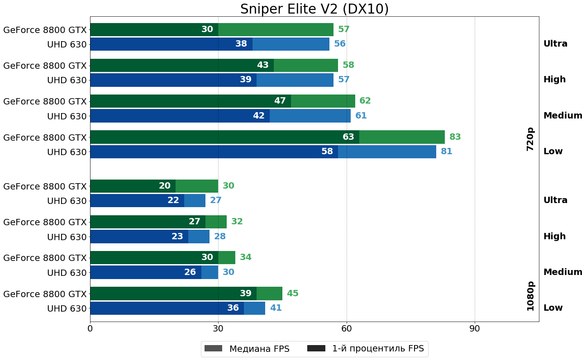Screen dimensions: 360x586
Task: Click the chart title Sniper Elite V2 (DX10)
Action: coord(314,9)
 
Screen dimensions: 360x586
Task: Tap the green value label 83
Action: coord(455,137)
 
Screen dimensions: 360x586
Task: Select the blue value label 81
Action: coord(447,152)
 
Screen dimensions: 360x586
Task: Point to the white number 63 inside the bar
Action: coord(348,137)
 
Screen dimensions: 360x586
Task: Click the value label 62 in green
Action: coord(365,101)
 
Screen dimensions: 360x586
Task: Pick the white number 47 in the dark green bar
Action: coord(280,101)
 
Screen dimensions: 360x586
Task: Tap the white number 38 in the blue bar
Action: coord(241,44)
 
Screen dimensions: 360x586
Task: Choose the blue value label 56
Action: coord(340,44)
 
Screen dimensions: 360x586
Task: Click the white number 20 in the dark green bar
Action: coord(165,186)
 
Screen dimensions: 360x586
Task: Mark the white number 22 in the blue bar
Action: coord(173,200)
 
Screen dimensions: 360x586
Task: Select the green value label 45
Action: coord(293,294)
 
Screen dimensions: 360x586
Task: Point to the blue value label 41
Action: coord(276,308)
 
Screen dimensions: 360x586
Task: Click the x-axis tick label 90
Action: coord(475,328)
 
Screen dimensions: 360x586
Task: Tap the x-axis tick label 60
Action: coord(347,328)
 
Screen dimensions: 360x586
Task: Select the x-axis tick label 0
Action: coord(90,328)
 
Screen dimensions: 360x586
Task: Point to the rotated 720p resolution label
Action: coord(530,139)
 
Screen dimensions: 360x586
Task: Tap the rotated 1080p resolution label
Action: coord(530,296)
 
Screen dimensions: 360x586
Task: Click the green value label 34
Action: coord(246,257)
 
